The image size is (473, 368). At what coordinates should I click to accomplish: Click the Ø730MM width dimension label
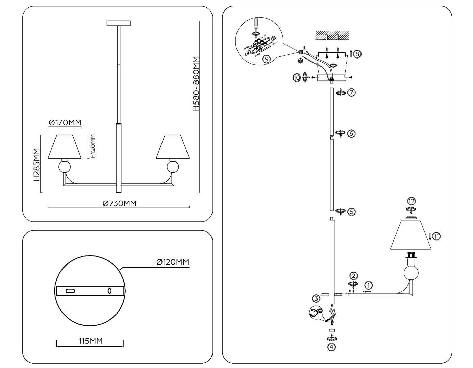(x=120, y=203)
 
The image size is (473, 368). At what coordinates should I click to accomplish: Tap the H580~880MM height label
(x=196, y=84)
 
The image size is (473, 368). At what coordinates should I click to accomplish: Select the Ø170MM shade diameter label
(x=65, y=123)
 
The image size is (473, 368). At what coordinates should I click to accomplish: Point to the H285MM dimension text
(x=36, y=165)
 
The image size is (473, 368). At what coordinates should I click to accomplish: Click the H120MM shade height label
(x=93, y=146)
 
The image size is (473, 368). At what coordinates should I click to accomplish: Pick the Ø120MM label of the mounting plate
(x=173, y=262)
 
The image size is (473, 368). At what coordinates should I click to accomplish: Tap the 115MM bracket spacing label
(x=91, y=341)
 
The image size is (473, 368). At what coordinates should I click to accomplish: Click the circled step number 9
(x=267, y=59)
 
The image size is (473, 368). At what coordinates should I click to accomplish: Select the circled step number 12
(x=411, y=201)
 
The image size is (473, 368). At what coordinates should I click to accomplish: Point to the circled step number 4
(x=331, y=347)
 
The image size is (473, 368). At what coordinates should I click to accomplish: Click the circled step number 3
(x=316, y=298)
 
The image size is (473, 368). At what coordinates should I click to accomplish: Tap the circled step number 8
(x=357, y=54)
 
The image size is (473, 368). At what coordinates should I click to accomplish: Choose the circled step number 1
(x=369, y=285)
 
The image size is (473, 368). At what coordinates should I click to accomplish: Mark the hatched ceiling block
(x=332, y=35)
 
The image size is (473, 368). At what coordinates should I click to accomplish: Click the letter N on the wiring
(x=301, y=52)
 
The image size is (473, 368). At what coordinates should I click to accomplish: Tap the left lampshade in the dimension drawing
(x=65, y=146)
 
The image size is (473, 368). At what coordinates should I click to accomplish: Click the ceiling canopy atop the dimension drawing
(x=119, y=23)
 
